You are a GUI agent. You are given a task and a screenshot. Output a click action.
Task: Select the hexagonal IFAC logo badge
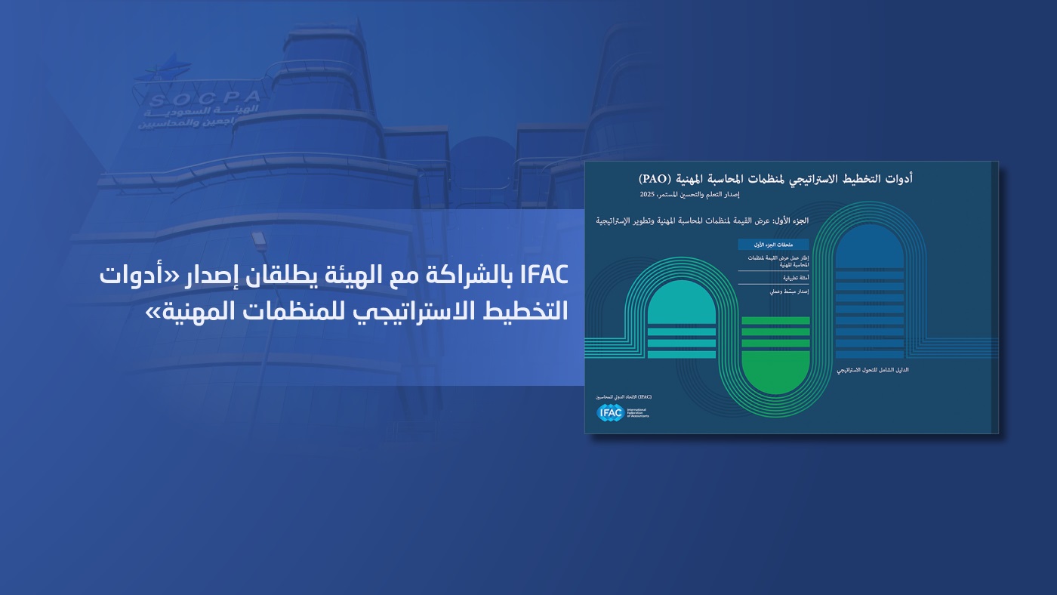610,412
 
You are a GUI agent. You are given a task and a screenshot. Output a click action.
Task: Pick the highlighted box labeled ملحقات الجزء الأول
773,245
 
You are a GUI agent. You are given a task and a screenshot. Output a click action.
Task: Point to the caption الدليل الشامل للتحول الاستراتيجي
873,371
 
